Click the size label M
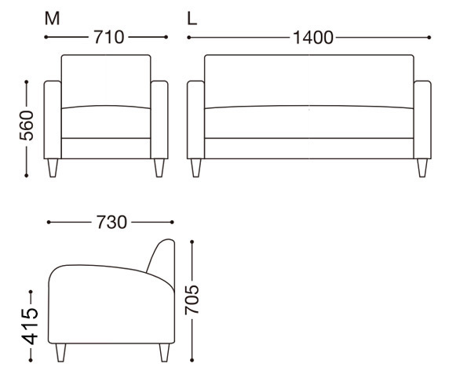tap(53, 19)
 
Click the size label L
tap(192, 19)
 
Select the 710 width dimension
tap(109, 37)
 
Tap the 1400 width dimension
tap(312, 38)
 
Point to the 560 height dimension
tap(27, 125)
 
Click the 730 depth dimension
tap(111, 223)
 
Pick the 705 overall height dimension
tap(192, 300)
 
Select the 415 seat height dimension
tap(30, 326)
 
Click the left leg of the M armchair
tap(53, 168)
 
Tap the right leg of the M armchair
tap(159, 168)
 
